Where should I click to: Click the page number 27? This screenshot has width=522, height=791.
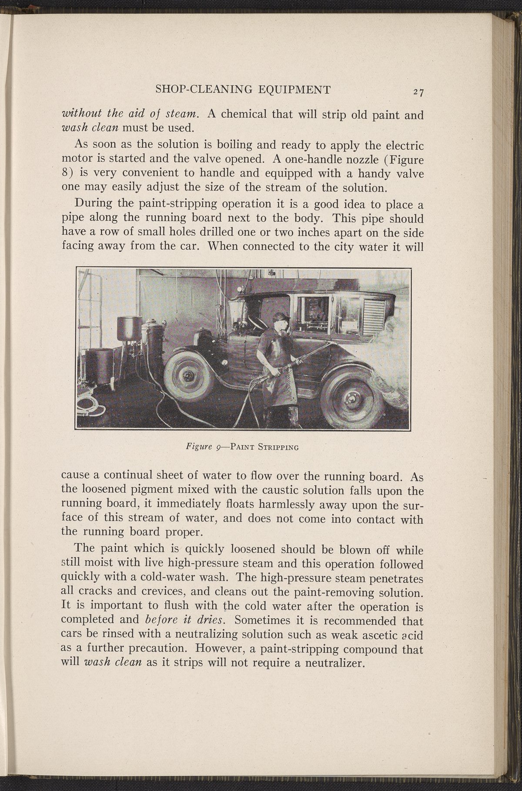(x=419, y=92)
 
